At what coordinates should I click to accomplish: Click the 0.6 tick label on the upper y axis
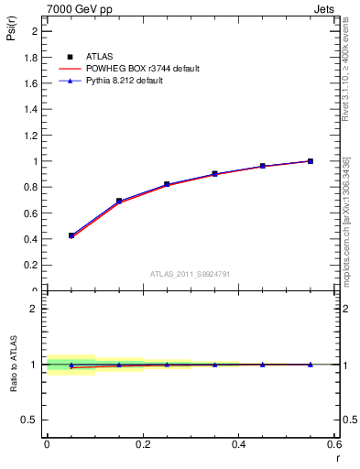31,213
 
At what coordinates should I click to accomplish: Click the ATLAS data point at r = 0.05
71,235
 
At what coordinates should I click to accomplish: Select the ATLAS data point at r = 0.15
119,201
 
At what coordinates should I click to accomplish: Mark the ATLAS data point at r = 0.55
311,161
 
